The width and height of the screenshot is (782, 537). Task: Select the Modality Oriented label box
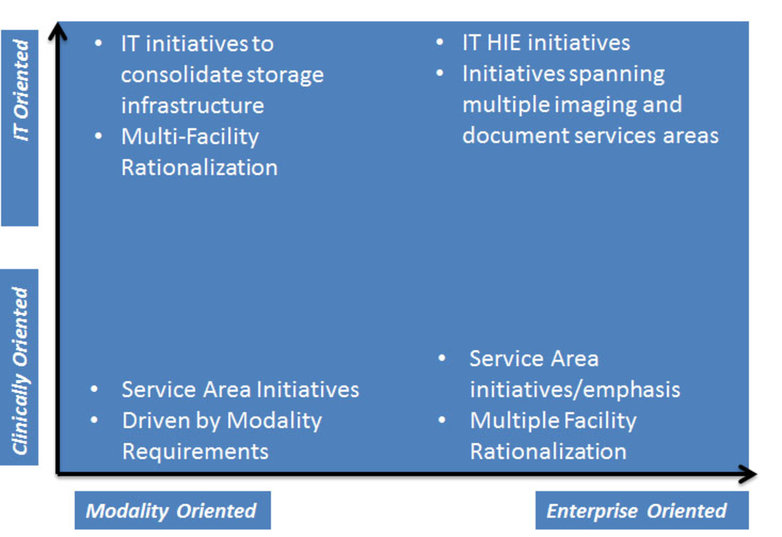[x=173, y=510]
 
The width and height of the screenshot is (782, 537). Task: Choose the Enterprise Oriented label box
[x=642, y=510]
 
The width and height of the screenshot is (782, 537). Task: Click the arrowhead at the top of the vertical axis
[x=58, y=31]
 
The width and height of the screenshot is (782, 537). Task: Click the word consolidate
[x=182, y=75]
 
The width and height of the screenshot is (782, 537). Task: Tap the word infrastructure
[x=193, y=106]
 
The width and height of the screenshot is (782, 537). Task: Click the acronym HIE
[x=504, y=43]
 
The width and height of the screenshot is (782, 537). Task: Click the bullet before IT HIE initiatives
[x=440, y=42]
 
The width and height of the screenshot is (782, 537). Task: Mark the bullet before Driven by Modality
[x=94, y=420]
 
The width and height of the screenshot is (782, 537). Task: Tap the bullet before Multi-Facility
[x=98, y=136]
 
